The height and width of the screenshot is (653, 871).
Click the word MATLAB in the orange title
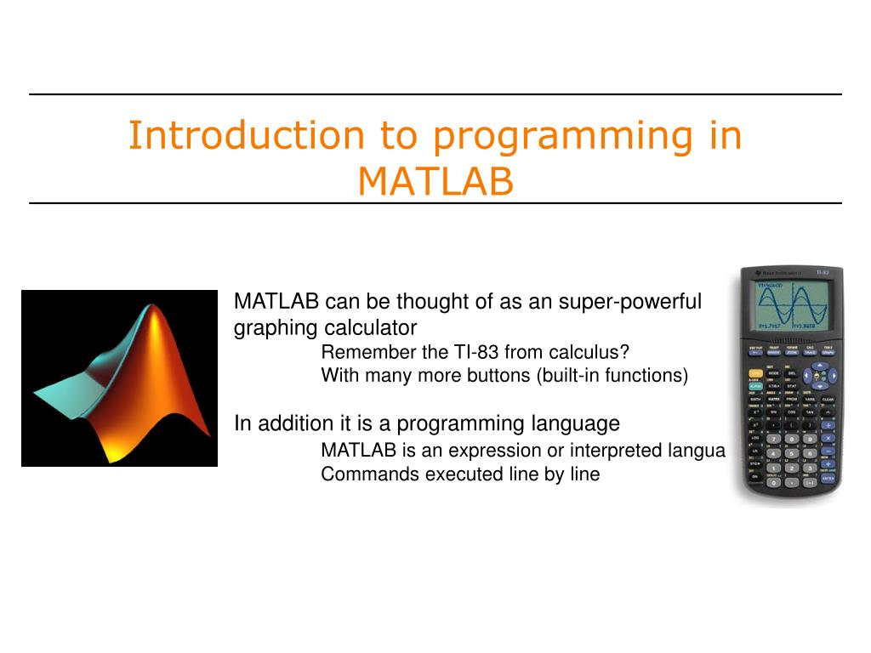pyautogui.click(x=435, y=180)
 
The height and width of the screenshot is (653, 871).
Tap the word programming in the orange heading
pyautogui.click(x=539, y=136)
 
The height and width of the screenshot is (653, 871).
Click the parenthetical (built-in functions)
pyautogui.click(x=612, y=375)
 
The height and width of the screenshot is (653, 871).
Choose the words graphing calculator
pyautogui.click(x=325, y=327)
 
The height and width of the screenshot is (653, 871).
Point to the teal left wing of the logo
pyautogui.click(x=64, y=387)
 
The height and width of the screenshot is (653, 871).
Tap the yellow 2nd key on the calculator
pyautogui.click(x=754, y=372)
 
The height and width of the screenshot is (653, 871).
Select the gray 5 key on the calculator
pyautogui.click(x=792, y=453)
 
